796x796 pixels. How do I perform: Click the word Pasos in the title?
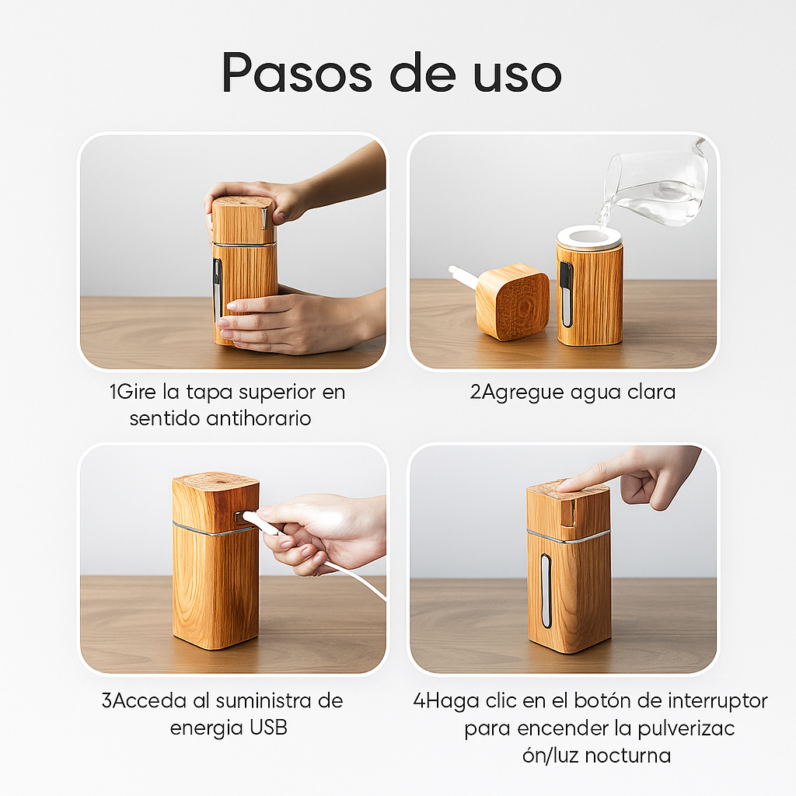pyautogui.click(x=297, y=72)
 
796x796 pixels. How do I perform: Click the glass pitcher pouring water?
pyautogui.click(x=655, y=183)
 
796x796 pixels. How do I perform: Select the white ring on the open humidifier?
pyautogui.click(x=589, y=236)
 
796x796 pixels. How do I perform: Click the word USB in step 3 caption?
pyautogui.click(x=268, y=728)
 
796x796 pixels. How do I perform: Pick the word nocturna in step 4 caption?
pyautogui.click(x=627, y=756)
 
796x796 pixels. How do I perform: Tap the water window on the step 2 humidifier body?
pyautogui.click(x=566, y=294)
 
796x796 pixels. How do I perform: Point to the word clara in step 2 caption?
pyautogui.click(x=651, y=393)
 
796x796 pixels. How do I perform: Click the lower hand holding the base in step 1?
pyautogui.click(x=299, y=323)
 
